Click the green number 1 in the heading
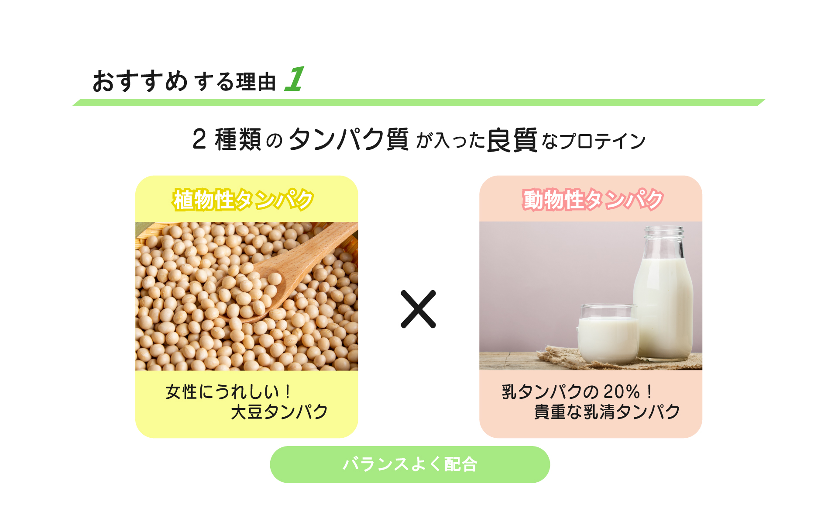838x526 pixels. [x=295, y=79]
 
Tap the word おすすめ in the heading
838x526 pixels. [x=140, y=81]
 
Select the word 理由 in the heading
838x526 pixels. [x=256, y=82]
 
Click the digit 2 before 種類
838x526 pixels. [x=199, y=139]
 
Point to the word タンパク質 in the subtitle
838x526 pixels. [x=349, y=139]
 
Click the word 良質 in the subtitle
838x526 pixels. [x=512, y=140]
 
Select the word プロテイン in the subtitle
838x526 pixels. [x=602, y=141]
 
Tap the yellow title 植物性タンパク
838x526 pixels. [x=243, y=200]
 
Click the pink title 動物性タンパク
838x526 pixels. [x=593, y=200]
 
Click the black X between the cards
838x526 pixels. [x=418, y=309]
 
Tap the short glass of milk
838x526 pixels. [x=608, y=334]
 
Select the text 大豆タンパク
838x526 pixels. [x=279, y=412]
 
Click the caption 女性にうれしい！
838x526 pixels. [x=228, y=392]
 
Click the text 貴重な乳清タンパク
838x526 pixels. [x=607, y=412]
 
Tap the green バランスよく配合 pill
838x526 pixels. [x=410, y=464]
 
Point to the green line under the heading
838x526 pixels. [x=419, y=102]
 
